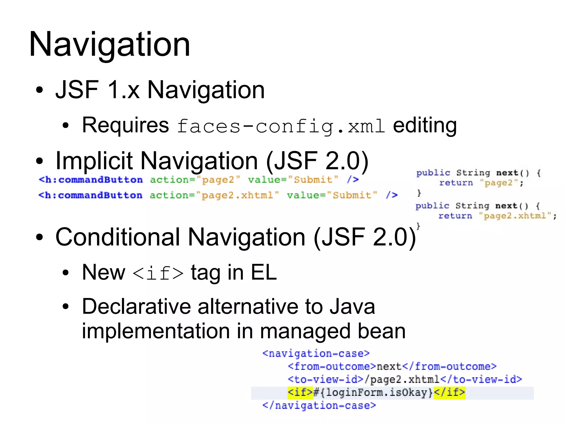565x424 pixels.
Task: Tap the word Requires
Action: point(126,125)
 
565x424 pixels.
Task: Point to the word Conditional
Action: point(118,237)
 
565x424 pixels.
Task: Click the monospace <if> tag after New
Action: point(158,273)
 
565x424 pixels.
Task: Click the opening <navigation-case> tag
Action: point(316,354)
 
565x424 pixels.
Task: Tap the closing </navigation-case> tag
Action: point(319,406)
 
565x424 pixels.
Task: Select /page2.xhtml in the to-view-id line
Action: point(402,380)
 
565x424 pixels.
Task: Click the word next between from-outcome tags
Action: point(389,367)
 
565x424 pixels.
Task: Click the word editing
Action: point(425,125)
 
